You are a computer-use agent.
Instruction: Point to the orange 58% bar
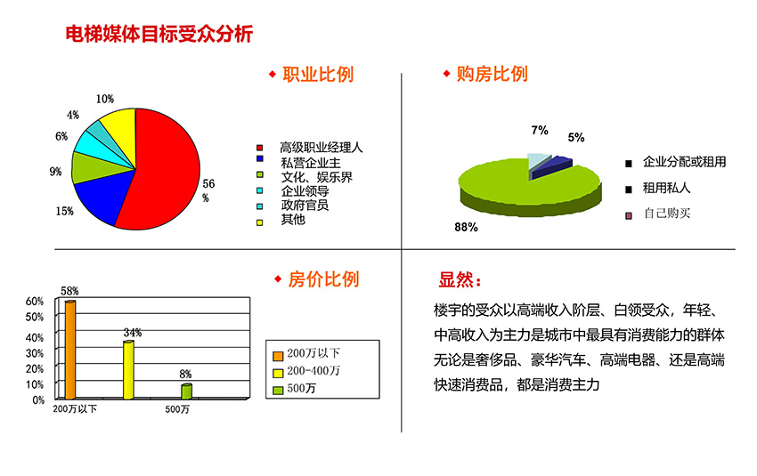click(70, 350)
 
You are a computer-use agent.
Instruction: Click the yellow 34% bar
click(128, 370)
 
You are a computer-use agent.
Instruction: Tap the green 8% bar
click(186, 391)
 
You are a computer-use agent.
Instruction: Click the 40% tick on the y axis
click(35, 337)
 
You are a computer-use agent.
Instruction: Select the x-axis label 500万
click(177, 409)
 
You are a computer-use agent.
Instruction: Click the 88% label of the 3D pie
click(466, 227)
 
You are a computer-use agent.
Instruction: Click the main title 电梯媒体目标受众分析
click(159, 34)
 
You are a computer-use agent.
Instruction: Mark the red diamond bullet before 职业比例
click(273, 74)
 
